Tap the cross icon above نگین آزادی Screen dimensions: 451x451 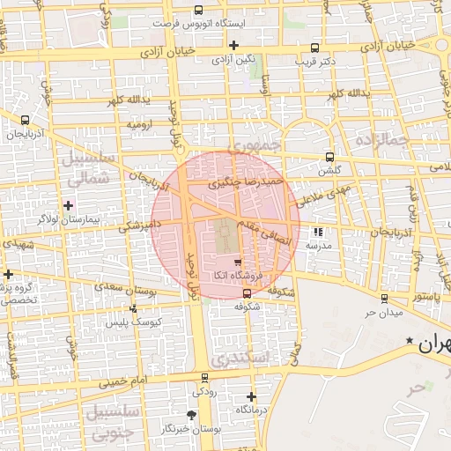pos(233,45)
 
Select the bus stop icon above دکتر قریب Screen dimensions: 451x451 pos(315,48)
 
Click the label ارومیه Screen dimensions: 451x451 pos(140,125)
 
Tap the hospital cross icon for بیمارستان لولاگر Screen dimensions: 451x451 pos(68,205)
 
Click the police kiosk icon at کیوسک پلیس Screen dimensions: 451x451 pos(133,308)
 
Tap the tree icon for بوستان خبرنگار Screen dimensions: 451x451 pos(192,415)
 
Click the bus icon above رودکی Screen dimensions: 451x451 pos(204,378)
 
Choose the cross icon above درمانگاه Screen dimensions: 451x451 pos(251,397)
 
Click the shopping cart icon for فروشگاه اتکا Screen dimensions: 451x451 pos(237,262)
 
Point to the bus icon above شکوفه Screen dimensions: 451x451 pos(246,293)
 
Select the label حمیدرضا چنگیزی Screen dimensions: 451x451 pos(246,182)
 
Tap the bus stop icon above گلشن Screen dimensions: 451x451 pos(330,158)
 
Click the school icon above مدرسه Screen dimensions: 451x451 pos(317,232)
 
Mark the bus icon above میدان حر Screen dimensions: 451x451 pos(384,299)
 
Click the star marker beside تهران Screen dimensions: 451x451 pos(409,340)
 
